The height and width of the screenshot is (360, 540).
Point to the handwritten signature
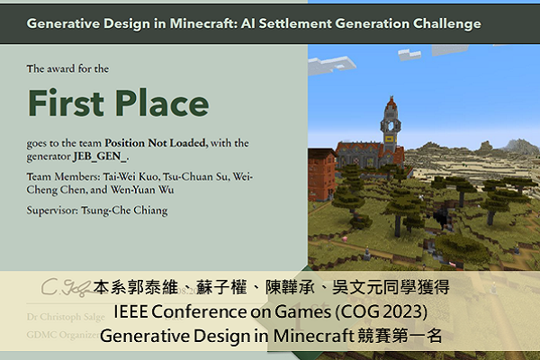(x=63, y=289)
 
